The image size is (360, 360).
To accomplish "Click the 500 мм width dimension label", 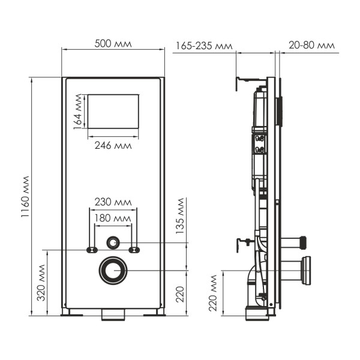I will point(113,44).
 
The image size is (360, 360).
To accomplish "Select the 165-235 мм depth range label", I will point(204,46).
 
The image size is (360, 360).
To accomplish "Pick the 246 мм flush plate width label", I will point(113,145).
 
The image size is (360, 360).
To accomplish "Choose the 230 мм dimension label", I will point(113,202).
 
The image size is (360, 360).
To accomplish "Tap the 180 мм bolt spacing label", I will point(113,218).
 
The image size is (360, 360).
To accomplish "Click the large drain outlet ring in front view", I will point(113,270).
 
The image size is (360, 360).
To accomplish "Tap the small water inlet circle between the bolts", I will point(113,242).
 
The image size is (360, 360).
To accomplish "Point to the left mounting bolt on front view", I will point(91,250).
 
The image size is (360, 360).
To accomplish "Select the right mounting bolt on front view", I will point(135,250).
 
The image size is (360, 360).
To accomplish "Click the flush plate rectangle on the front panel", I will point(113,110).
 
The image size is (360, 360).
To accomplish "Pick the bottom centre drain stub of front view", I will point(113,314).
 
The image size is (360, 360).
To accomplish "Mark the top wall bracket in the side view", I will point(249,79).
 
